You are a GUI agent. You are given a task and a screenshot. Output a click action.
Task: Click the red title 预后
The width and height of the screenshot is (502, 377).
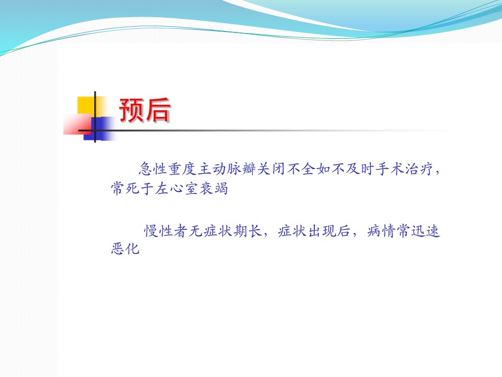click(144, 109)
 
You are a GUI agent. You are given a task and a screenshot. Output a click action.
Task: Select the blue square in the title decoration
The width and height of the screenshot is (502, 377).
click(99, 128)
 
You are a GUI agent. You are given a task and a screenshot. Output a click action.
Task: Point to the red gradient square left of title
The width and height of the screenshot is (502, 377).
click(77, 124)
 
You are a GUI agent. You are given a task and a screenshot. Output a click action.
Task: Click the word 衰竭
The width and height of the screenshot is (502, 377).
click(213, 188)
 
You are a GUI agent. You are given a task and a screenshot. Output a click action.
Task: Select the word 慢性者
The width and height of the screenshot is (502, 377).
click(165, 231)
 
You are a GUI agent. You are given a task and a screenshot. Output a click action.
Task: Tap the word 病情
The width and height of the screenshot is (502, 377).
click(381, 231)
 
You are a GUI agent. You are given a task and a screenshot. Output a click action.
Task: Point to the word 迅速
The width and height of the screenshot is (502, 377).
click(426, 231)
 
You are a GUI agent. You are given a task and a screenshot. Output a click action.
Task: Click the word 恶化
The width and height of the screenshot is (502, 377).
click(125, 248)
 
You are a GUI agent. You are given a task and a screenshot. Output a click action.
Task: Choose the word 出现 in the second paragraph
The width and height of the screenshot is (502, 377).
click(322, 231)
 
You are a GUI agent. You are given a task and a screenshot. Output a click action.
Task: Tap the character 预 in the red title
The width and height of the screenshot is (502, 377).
click(131, 109)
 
